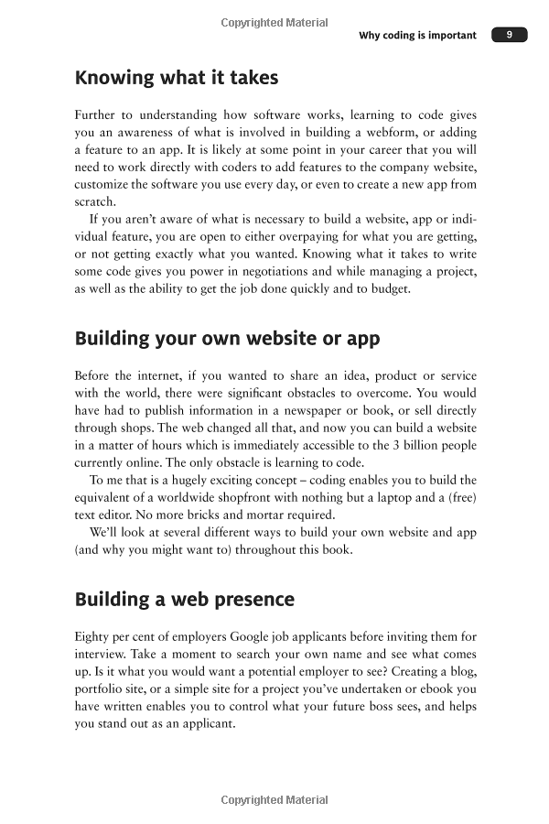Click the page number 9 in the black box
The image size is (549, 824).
point(509,35)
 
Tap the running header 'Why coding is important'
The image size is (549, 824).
point(417,36)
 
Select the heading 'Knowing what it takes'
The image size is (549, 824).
point(176,78)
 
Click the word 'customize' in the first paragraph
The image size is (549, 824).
point(105,185)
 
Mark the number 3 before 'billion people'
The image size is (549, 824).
point(387,446)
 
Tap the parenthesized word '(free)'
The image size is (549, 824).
point(459,498)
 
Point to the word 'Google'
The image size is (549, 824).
point(254,637)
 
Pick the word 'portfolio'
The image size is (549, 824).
point(105,689)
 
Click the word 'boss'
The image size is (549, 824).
point(379,707)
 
